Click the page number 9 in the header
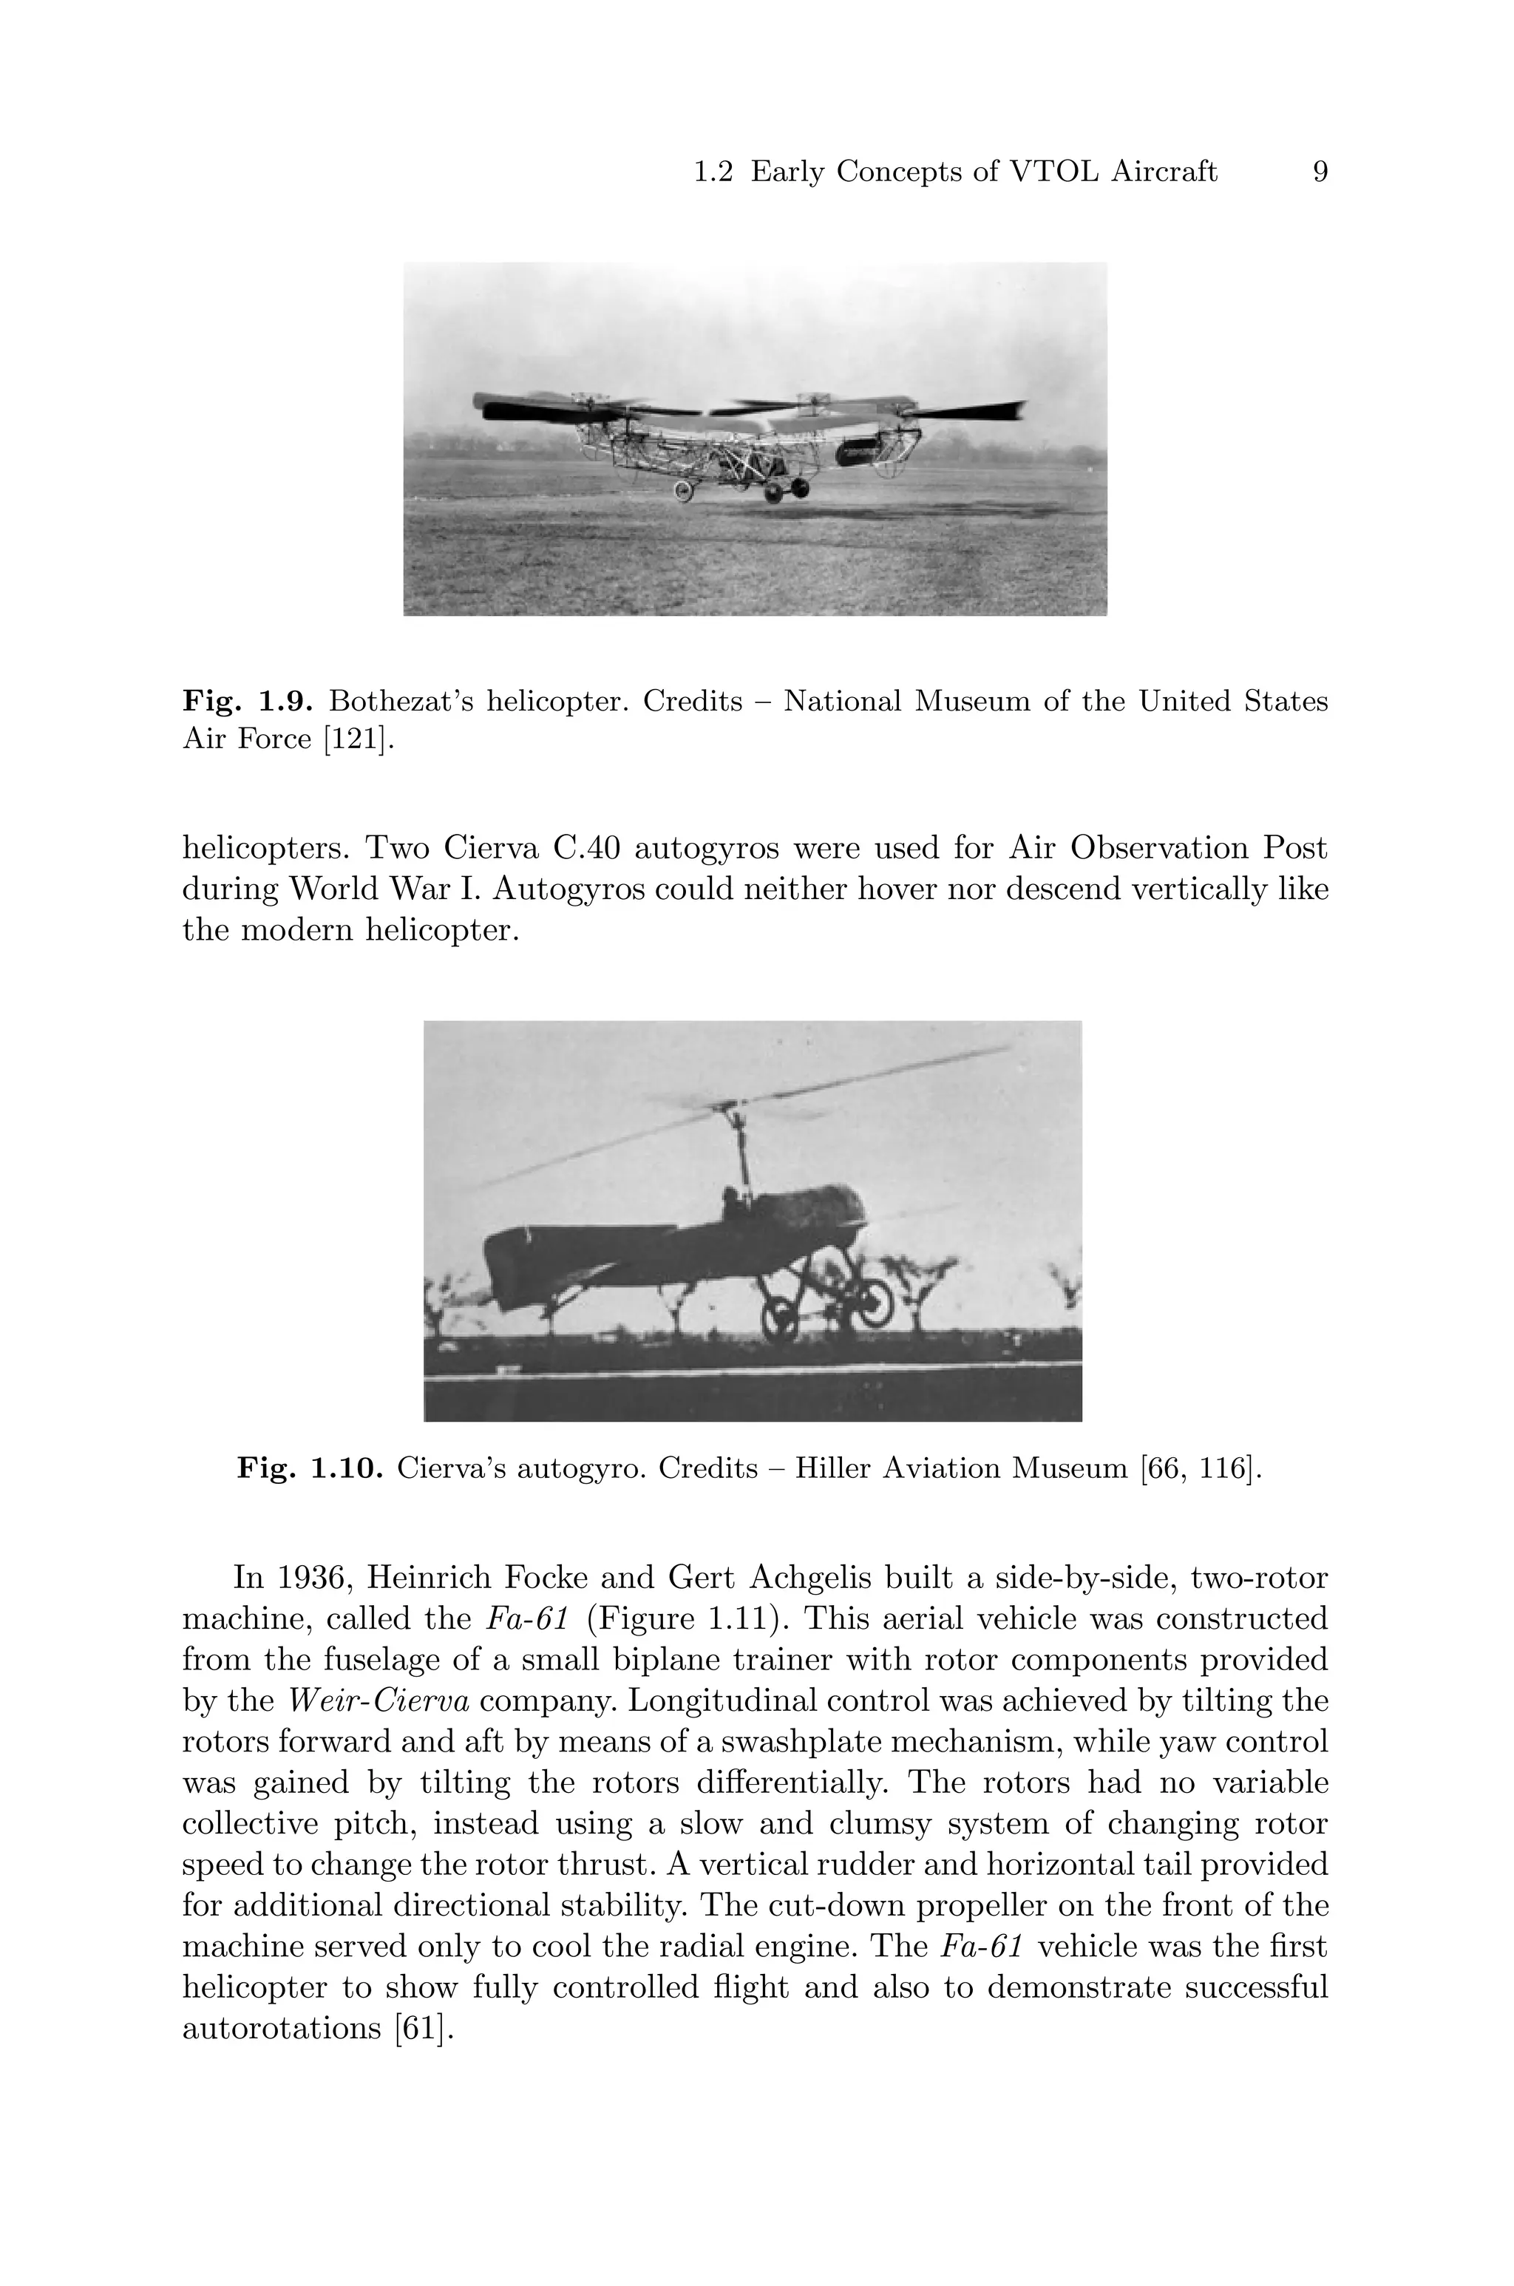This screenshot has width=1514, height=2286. tap(1320, 172)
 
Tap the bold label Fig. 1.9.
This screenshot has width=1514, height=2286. tap(247, 701)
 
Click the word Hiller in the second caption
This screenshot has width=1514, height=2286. tap(839, 1469)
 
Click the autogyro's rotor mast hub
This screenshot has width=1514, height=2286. tap(736, 1108)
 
